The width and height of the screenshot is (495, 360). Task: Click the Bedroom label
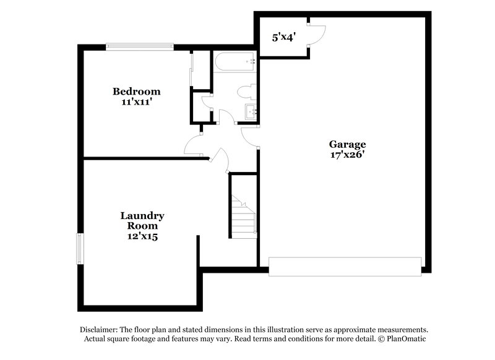tap(136, 92)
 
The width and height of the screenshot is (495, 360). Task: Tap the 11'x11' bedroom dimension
tap(136, 102)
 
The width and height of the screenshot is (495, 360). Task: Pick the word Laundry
tap(142, 216)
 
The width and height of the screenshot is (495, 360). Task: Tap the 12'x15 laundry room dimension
tap(142, 236)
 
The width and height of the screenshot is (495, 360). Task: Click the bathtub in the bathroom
tap(235, 61)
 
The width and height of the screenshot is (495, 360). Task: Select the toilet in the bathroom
tap(246, 92)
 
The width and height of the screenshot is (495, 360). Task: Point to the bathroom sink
tap(251, 112)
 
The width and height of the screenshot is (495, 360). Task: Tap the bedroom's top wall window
tap(139, 46)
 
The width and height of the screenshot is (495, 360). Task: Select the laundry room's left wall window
tap(79, 249)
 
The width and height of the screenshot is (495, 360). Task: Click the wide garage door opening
tap(345, 267)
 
